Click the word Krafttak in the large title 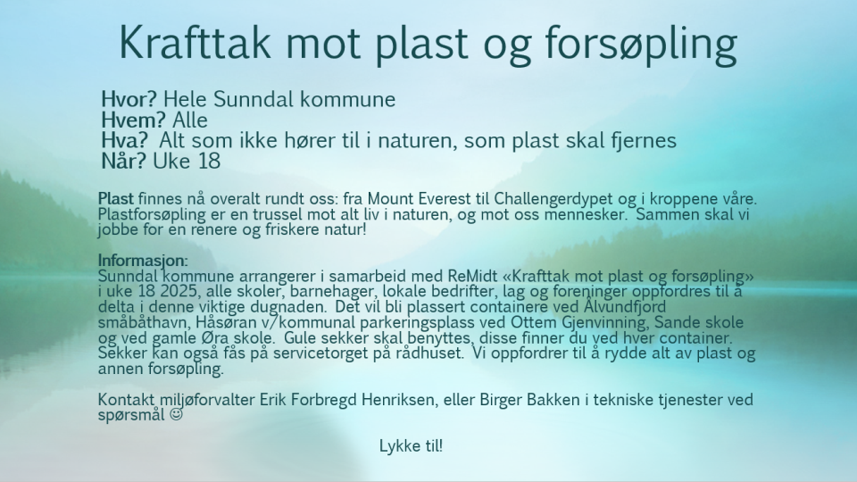point(195,42)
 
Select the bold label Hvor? point(129,99)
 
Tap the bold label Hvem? point(133,120)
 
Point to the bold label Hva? point(125,141)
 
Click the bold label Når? point(123,162)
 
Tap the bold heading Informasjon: point(143,262)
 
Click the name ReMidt point(471,276)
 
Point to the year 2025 point(179,291)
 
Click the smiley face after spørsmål point(176,415)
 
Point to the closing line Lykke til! point(411,446)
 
